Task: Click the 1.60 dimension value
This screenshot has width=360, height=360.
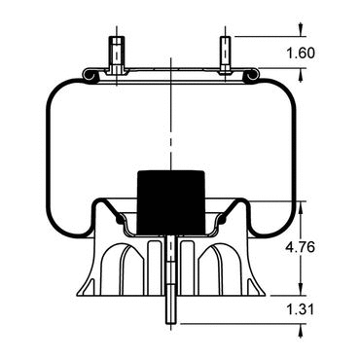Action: pos(301,54)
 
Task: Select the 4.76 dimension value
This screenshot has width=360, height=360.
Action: pos(300,248)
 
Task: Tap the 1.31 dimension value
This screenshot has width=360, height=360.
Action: pos(300,309)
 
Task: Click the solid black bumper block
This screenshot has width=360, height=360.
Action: pos(171,202)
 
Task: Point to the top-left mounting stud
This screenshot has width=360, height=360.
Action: pos(116,55)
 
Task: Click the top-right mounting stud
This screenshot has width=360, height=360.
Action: pos(225,55)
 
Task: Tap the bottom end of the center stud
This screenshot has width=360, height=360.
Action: pos(170,323)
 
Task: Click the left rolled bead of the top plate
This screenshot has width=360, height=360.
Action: pos(89,75)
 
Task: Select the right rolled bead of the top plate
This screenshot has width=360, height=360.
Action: pos(251,75)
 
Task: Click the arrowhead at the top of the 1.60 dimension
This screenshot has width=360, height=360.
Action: pos(301,31)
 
